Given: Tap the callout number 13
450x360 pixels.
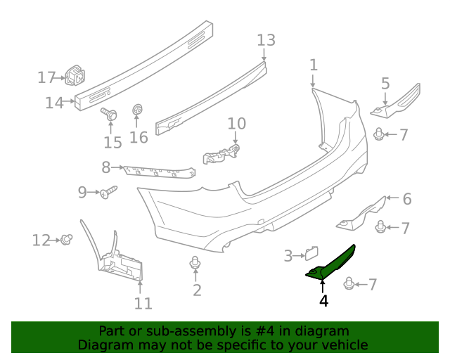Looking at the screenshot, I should point(266,40).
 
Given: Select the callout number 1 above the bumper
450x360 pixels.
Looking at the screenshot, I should point(314,65).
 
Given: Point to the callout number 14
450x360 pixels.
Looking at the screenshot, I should point(53,103).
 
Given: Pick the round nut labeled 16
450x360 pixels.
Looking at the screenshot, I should point(138,110).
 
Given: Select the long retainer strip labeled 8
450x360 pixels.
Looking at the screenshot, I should point(158,172).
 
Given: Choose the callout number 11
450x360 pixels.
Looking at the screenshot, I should point(143,303).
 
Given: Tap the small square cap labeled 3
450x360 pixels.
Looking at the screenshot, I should point(311,253).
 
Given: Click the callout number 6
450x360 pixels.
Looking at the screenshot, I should point(406,199).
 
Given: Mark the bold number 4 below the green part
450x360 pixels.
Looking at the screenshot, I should point(323,301).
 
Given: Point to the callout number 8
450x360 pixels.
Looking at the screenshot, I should point(106,167).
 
